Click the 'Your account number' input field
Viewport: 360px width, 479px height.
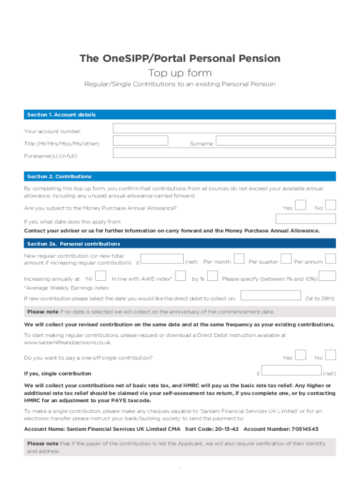coord(224,129)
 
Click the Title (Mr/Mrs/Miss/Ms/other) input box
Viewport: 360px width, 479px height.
coord(140,140)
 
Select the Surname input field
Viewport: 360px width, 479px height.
coord(275,141)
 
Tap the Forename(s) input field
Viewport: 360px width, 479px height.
coord(224,153)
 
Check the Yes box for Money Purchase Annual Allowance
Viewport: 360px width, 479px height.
coord(301,205)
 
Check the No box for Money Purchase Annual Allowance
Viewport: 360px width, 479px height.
coord(331,205)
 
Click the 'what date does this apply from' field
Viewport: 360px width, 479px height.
coord(306,219)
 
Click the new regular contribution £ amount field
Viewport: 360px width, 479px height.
coord(162,259)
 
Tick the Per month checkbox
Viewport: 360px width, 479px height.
coord(238,259)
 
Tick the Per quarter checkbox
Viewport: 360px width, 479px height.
coord(286,259)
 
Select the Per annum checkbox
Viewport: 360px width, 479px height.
coord(331,259)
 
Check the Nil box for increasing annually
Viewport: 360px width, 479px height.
coord(100,276)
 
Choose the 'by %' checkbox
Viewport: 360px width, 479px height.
coord(212,276)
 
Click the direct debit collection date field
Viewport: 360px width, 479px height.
coord(271,295)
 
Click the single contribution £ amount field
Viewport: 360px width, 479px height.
coord(291,370)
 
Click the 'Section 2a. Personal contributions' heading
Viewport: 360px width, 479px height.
coord(73,244)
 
